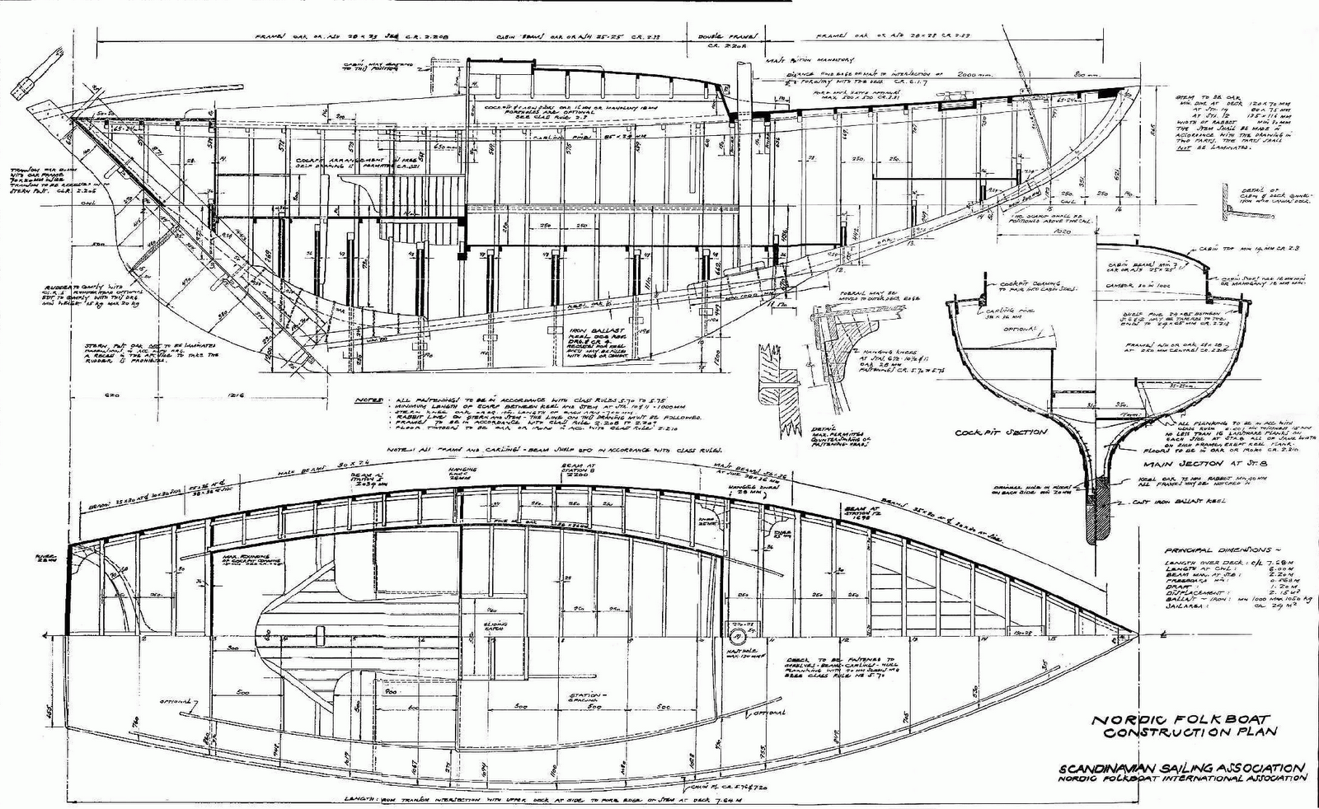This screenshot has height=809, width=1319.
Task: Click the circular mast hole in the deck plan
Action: (736, 636)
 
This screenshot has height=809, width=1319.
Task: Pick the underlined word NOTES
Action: (368, 400)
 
